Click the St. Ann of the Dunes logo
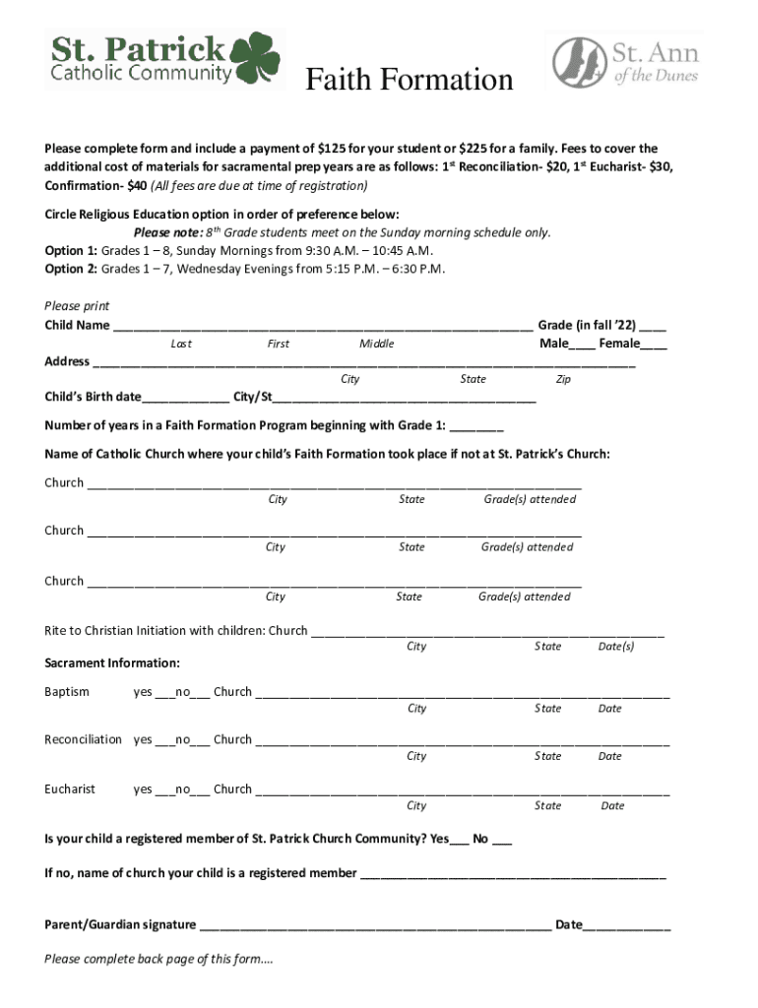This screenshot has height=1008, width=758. [x=624, y=61]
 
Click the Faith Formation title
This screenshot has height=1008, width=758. [x=409, y=80]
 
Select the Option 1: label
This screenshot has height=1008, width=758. [x=71, y=250]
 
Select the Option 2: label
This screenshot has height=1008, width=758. [x=71, y=269]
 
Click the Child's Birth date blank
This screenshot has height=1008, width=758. [x=185, y=399]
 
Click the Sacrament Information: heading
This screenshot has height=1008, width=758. [x=112, y=663]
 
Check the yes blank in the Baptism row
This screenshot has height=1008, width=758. [x=164, y=693]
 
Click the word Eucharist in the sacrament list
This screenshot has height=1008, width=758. [x=70, y=788]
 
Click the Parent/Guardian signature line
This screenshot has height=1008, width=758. [x=374, y=926]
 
